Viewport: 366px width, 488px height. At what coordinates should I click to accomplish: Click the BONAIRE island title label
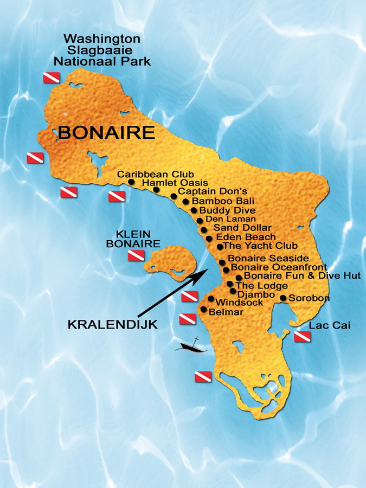click(106, 132)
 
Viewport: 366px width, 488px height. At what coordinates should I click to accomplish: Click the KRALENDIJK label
click(112, 325)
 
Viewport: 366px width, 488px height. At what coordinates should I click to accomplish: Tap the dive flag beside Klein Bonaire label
click(136, 255)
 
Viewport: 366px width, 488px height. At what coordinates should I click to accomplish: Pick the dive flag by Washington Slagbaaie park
click(51, 78)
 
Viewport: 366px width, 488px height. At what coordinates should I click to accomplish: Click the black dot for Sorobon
click(282, 298)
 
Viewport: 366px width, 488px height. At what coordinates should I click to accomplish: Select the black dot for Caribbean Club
click(131, 182)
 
